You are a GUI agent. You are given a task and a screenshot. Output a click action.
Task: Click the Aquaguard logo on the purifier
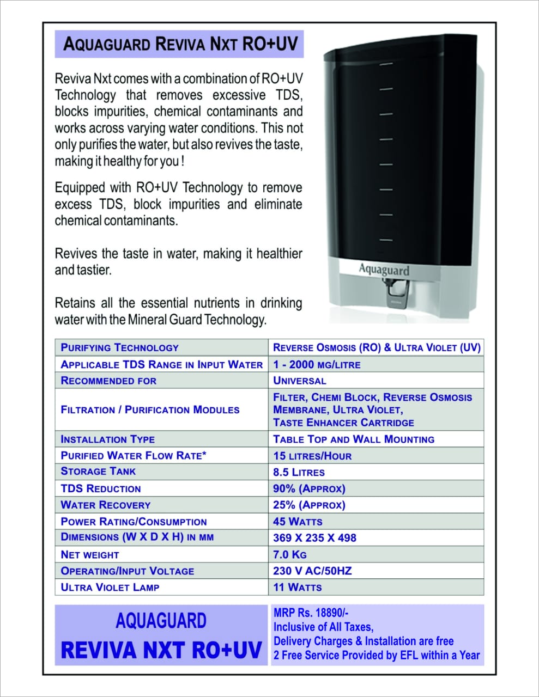coord(384,269)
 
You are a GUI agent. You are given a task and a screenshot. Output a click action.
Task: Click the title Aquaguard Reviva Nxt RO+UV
coord(180,44)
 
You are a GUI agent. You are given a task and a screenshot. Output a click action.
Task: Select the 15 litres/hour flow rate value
coord(312,456)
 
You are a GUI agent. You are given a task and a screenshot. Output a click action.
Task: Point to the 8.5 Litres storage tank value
coord(299,472)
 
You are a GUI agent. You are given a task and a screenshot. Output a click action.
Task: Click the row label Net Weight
coord(90,555)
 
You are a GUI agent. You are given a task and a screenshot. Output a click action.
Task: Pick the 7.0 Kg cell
coord(289,554)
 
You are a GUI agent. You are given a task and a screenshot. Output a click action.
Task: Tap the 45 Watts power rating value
coord(298,522)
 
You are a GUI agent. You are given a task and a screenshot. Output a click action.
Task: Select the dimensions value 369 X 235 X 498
coord(314,538)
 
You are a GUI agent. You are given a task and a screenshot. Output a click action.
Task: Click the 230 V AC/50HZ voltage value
coord(312,571)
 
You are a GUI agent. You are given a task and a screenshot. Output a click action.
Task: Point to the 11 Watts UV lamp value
coord(297,588)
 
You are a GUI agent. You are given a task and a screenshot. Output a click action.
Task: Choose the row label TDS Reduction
coord(101,488)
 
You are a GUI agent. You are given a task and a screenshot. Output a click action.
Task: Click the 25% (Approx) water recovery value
coord(309,505)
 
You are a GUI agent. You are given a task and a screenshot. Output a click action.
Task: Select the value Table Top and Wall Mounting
coord(354,439)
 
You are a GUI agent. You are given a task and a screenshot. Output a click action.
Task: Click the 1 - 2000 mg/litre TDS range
coord(317,365)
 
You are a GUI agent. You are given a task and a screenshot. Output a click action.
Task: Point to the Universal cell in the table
coord(299,381)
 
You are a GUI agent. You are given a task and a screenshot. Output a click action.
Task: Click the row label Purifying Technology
coord(119,347)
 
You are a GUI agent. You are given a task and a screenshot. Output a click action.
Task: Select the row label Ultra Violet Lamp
coord(110,588)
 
